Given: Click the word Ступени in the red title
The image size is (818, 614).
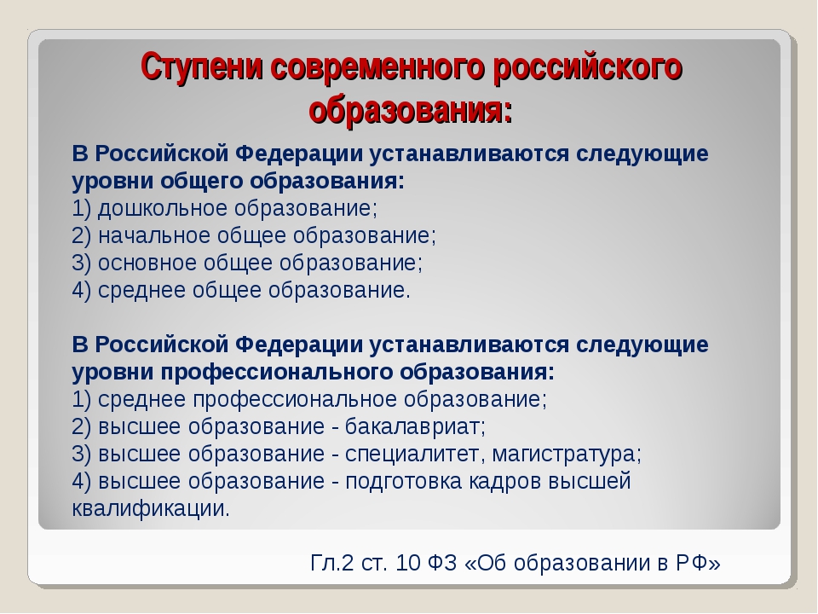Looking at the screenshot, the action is [x=201, y=67].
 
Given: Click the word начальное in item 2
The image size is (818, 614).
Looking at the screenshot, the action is [x=154, y=235].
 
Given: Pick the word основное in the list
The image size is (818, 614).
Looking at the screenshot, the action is [x=147, y=263].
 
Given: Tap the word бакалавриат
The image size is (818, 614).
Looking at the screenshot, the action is [x=415, y=426].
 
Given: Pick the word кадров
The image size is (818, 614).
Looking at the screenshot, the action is [x=504, y=481].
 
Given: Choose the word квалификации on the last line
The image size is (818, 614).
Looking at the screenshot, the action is [x=151, y=508].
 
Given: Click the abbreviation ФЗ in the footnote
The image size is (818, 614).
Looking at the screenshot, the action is [x=442, y=563].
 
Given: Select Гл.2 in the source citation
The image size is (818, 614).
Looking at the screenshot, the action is [x=331, y=563].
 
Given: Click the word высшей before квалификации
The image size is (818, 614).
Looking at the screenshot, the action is [x=590, y=481].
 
